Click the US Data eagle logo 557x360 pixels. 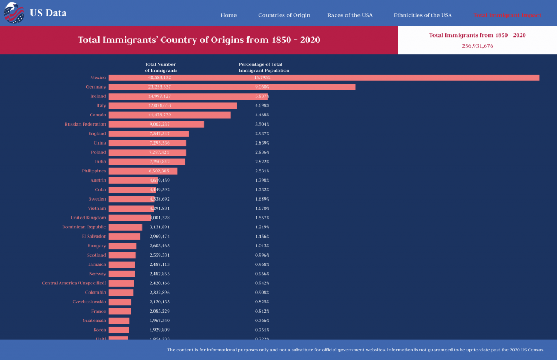click(x=14, y=13)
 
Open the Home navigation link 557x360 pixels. click(x=228, y=15)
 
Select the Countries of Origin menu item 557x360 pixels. click(x=284, y=15)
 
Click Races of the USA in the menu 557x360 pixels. click(x=350, y=15)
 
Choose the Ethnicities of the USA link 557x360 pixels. click(x=423, y=15)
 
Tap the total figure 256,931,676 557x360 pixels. click(x=477, y=46)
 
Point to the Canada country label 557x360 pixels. click(x=98, y=115)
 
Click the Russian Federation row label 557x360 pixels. click(x=85, y=124)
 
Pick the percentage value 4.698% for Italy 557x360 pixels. click(x=262, y=105)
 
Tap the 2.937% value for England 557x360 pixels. click(x=262, y=134)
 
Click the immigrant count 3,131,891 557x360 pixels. click(x=159, y=227)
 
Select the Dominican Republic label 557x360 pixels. click(x=84, y=227)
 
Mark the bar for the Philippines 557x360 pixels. click(x=143, y=171)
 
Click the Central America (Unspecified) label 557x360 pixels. click(x=74, y=283)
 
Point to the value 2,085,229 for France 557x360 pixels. click(x=159, y=311)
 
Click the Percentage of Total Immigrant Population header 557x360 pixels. click(x=264, y=67)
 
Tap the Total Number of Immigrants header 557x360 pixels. click(x=160, y=67)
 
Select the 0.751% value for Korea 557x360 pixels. click(x=262, y=330)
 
